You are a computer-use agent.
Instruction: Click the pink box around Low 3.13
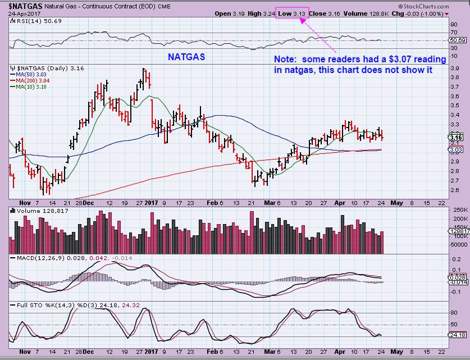pyautogui.click(x=292, y=13)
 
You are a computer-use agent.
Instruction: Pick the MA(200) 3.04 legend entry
pyautogui.click(x=33, y=80)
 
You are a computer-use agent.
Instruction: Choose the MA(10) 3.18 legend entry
pyautogui.click(x=31, y=86)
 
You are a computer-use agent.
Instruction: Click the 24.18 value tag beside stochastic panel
pyautogui.click(x=455, y=335)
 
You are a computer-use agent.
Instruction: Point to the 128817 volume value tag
pyautogui.click(x=457, y=231)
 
